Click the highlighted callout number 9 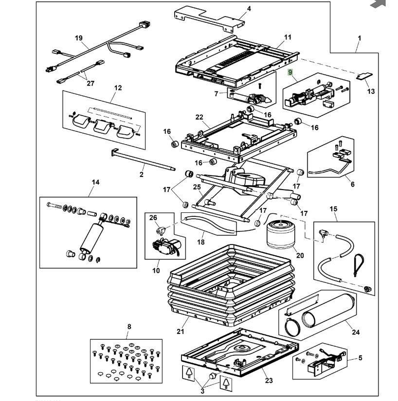290,73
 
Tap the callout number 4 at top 249,9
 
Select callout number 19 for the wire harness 79,38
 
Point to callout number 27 90,83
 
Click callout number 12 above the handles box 118,88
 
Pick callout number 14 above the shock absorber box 95,182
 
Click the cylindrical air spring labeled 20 280,234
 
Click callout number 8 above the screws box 129,327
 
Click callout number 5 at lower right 361,358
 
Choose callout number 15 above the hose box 333,209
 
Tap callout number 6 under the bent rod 352,184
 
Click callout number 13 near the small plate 371,91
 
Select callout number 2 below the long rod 142,174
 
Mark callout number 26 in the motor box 153,217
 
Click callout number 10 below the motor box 156,270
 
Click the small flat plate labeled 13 364,76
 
